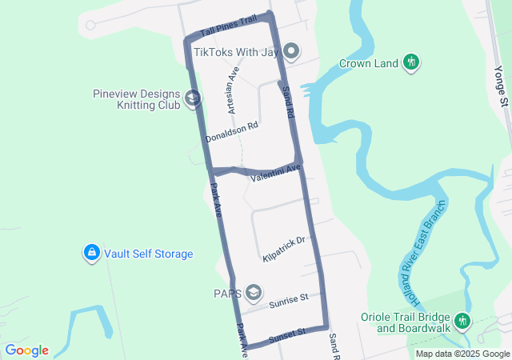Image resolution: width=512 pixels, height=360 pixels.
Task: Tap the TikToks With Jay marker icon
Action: (292, 53)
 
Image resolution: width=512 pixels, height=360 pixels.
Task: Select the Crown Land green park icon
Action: (412, 62)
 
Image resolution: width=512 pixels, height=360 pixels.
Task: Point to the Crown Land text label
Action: (368, 63)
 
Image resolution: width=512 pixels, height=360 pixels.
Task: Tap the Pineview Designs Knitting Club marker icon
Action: (193, 98)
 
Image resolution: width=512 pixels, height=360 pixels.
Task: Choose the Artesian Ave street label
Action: (233, 90)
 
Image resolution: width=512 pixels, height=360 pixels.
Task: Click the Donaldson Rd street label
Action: (232, 132)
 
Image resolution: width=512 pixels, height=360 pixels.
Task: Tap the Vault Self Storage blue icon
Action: (92, 254)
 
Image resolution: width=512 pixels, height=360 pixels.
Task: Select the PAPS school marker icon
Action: (254, 293)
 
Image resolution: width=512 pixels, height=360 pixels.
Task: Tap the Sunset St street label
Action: (287, 333)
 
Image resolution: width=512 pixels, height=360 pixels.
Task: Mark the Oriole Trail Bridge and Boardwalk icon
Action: (462, 322)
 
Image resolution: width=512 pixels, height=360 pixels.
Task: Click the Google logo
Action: (26, 350)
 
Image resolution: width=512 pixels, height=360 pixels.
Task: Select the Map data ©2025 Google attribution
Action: (462, 354)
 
